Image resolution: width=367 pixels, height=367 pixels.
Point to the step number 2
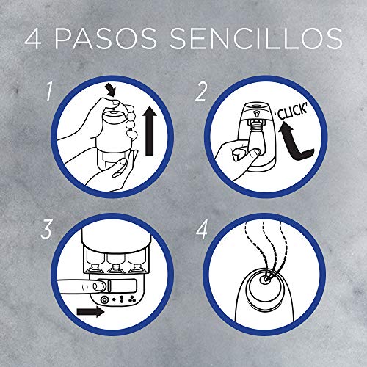[x=199, y=92]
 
